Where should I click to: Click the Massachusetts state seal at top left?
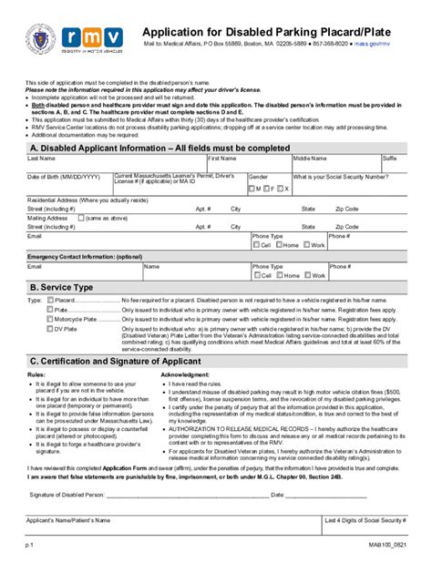coord(40,40)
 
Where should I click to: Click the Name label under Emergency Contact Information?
coord(151,267)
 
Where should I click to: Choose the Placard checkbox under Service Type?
coord(49,300)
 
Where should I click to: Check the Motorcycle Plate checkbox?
coord(49,319)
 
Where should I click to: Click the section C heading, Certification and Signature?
coord(131,362)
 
